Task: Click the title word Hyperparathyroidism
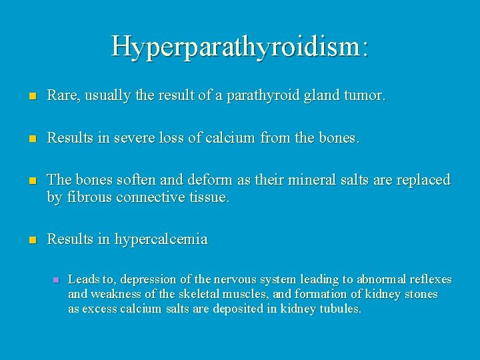239,46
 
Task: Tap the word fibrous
87,197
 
